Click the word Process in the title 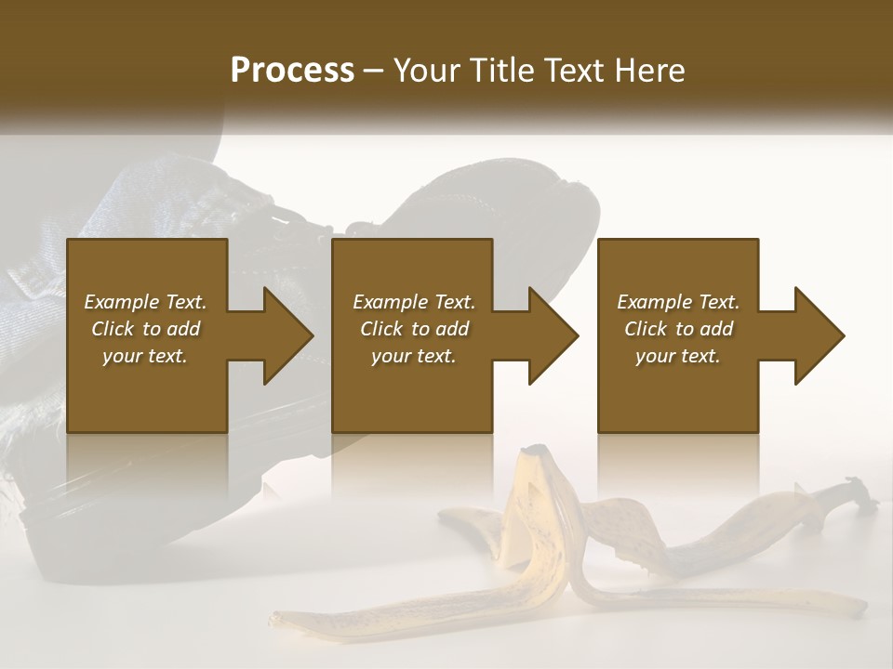tap(292, 71)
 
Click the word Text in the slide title tap(572, 71)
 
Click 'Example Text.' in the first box tap(145, 302)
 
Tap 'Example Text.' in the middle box tap(414, 302)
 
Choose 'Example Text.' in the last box tap(678, 302)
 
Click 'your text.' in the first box tap(145, 356)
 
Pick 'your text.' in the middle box tap(414, 356)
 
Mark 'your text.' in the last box tap(678, 356)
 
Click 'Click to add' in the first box tap(145, 329)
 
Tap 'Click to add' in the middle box tap(414, 329)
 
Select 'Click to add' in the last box tap(678, 329)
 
